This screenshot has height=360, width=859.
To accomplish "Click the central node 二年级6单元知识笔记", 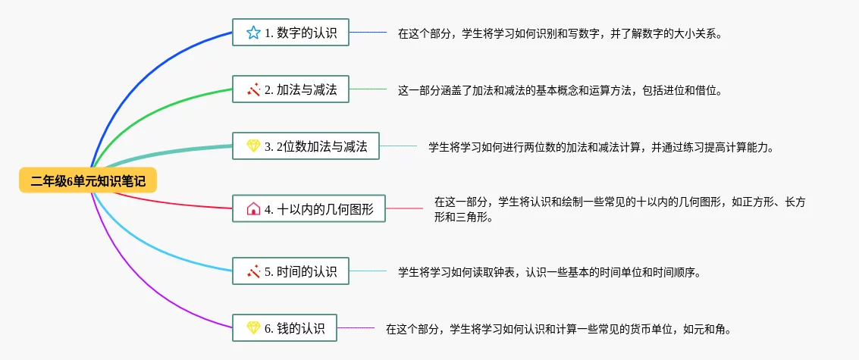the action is [88, 180].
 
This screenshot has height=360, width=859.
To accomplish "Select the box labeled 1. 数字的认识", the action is [290, 33].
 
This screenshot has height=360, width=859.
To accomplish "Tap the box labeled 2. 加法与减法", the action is [290, 89].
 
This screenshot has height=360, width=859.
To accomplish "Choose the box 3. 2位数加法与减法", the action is [306, 146].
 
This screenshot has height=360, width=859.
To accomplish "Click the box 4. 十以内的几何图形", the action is [309, 208].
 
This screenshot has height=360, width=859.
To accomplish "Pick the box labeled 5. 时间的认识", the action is [290, 271].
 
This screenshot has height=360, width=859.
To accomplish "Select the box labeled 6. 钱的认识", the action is [284, 328].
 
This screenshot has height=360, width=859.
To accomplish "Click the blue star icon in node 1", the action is [253, 33].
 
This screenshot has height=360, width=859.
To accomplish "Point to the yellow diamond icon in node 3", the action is [253, 146].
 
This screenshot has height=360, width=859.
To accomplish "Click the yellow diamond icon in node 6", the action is [253, 328].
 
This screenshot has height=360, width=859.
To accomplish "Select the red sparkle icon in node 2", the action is [253, 89].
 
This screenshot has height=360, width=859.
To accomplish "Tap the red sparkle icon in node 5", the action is [253, 271].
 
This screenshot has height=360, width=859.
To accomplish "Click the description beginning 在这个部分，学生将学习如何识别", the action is [560, 33].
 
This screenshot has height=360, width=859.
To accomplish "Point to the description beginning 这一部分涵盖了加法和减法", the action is [560, 90].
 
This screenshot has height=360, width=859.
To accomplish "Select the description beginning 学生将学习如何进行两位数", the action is [600, 147].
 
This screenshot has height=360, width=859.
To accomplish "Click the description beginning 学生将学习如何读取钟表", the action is [549, 271].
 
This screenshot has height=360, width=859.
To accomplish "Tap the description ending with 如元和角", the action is [558, 329].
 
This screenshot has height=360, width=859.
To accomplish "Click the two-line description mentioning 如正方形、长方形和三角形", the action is [619, 209].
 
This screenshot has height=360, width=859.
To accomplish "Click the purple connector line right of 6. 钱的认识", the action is [356, 328].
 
